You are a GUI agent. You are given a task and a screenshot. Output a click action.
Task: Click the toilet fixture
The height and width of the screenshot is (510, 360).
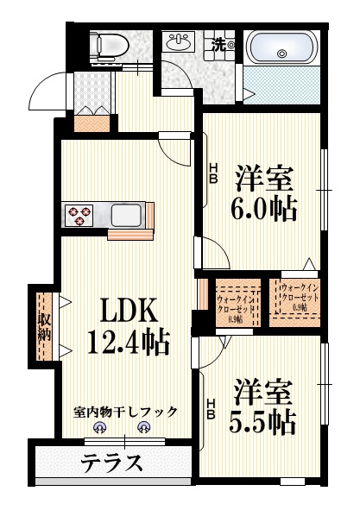pyautogui.click(x=108, y=44)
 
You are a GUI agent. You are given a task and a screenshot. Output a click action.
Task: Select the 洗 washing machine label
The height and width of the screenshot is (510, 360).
pyautogui.click(x=221, y=45)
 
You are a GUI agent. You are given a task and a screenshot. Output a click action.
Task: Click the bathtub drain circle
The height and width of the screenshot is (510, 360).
pyautogui.click(x=281, y=54)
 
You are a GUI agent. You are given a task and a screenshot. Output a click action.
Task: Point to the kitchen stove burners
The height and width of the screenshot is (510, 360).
pyautogui.click(x=80, y=214)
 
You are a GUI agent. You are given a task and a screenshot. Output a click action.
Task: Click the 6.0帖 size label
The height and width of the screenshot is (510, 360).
pyautogui.click(x=265, y=208)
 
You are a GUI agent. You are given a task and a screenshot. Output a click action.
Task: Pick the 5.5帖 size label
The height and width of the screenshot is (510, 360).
pyautogui.click(x=264, y=422)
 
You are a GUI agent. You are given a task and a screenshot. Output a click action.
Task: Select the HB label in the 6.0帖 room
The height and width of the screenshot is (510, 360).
pyautogui.click(x=212, y=173)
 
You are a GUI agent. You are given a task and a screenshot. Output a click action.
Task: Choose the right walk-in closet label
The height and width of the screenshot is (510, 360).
pyautogui.click(x=299, y=297)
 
